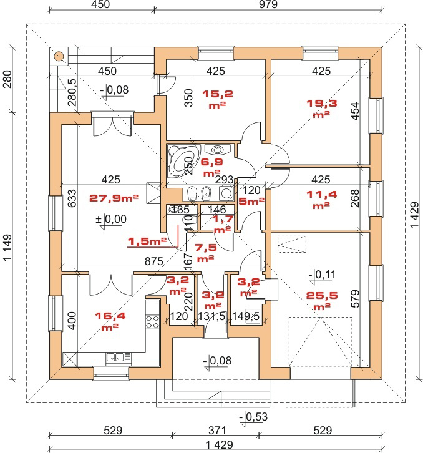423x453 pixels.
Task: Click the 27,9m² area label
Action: coord(114,198)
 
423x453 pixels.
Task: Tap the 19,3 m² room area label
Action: coord(321,108)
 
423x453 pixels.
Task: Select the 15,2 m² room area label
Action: coord(218,99)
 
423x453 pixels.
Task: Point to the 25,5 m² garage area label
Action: coord(322,301)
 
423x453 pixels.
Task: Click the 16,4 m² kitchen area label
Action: coord(110,321)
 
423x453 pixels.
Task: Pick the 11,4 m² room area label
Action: coord(321,199)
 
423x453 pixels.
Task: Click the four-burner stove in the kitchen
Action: coord(153,321)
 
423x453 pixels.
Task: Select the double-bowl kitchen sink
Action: coord(115,358)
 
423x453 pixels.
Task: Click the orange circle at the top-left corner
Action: coord(59,56)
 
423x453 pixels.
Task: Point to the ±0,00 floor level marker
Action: coord(111,221)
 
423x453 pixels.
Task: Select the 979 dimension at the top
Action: coord(268,4)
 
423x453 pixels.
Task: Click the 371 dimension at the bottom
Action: coord(217,431)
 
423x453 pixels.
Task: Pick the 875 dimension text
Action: coord(154,261)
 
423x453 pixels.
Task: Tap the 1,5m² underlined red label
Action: coord(147,241)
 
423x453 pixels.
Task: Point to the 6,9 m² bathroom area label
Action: coord(211,167)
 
